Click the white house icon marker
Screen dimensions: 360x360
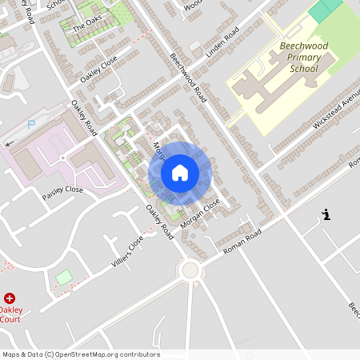tap(180, 173)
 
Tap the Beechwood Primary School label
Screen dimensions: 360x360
tap(299, 58)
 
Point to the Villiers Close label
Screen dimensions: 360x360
tap(126, 253)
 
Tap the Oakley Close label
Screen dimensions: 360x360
tap(98, 70)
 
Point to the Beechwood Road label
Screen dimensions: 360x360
tap(189, 78)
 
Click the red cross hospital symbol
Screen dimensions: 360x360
tap(10, 298)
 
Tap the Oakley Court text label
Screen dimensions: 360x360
tap(11, 314)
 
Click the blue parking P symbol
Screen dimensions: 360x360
tap(31, 125)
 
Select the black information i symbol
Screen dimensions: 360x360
tap(326, 214)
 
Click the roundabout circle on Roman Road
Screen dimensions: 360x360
tap(190, 270)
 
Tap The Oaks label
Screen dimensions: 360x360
tap(87, 26)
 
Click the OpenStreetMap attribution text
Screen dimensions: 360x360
tap(81, 354)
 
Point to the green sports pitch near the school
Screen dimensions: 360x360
tap(325, 10)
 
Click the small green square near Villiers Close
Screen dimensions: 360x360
tap(64, 277)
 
